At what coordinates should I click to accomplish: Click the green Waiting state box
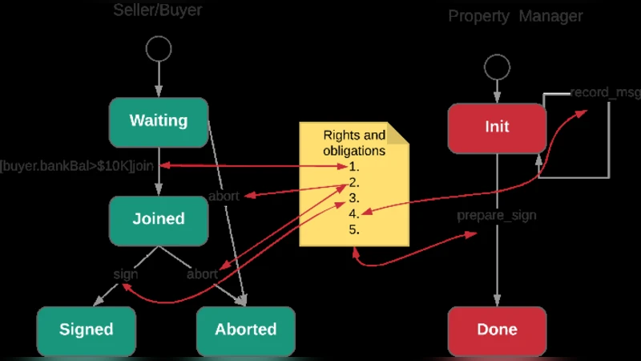click(159, 122)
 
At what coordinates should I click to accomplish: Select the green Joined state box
click(159, 219)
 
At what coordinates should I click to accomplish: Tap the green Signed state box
click(86, 330)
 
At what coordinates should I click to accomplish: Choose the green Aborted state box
click(245, 330)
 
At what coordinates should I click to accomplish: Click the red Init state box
click(497, 127)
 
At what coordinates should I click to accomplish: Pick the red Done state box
click(497, 330)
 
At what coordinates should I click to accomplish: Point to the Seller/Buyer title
click(157, 10)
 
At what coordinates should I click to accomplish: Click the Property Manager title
click(515, 16)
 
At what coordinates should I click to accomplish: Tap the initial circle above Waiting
click(159, 48)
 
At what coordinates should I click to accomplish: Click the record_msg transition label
click(605, 93)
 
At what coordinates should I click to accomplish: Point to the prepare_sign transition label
click(497, 216)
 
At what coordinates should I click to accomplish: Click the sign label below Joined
click(126, 274)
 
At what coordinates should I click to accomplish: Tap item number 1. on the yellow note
click(354, 167)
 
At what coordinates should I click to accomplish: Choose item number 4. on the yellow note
click(354, 213)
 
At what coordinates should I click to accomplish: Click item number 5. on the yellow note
click(354, 229)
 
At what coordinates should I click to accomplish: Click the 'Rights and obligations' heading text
click(353, 143)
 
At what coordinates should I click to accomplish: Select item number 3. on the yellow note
click(354, 198)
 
